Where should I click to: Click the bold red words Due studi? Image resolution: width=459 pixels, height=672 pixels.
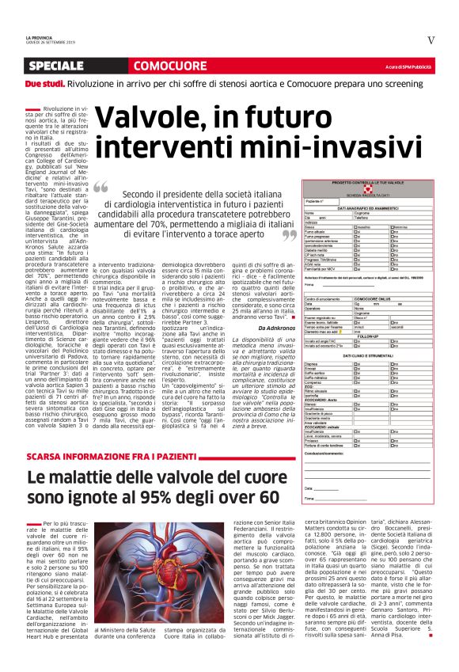click(44, 83)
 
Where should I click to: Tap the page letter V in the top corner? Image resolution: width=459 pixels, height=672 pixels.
click(431, 40)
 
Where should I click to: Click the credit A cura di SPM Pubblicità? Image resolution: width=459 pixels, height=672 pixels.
click(410, 66)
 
